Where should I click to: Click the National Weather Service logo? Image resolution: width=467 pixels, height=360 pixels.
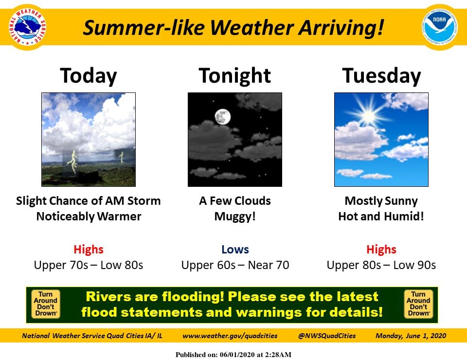click(x=27, y=27)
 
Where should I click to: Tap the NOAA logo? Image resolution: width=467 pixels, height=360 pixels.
click(x=440, y=27)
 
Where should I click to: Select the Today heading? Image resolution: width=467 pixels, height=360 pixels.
click(x=89, y=76)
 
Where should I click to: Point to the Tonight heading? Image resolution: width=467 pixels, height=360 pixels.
click(x=234, y=76)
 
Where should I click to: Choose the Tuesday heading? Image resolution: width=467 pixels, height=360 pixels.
click(x=381, y=76)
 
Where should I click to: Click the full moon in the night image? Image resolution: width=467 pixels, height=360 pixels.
click(x=222, y=117)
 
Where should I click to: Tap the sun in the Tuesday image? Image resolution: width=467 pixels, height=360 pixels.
click(x=369, y=115)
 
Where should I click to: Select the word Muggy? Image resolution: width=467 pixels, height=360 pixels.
click(x=235, y=216)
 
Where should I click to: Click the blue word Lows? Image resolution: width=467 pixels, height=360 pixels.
click(x=235, y=250)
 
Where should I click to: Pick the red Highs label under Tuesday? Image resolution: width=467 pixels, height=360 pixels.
click(x=381, y=250)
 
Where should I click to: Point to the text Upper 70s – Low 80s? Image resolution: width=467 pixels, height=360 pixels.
click(x=89, y=265)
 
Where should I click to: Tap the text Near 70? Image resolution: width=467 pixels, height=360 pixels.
click(x=269, y=265)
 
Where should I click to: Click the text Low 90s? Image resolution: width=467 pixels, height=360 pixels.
click(x=414, y=265)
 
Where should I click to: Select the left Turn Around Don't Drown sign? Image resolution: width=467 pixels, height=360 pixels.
click(x=46, y=304)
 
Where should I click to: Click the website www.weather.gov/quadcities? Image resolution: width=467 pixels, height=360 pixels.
click(x=230, y=336)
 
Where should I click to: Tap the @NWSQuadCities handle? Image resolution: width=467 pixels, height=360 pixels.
click(x=327, y=336)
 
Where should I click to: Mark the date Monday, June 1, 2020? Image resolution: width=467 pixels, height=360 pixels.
click(x=411, y=336)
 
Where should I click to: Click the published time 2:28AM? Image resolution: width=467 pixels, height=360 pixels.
click(x=278, y=355)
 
